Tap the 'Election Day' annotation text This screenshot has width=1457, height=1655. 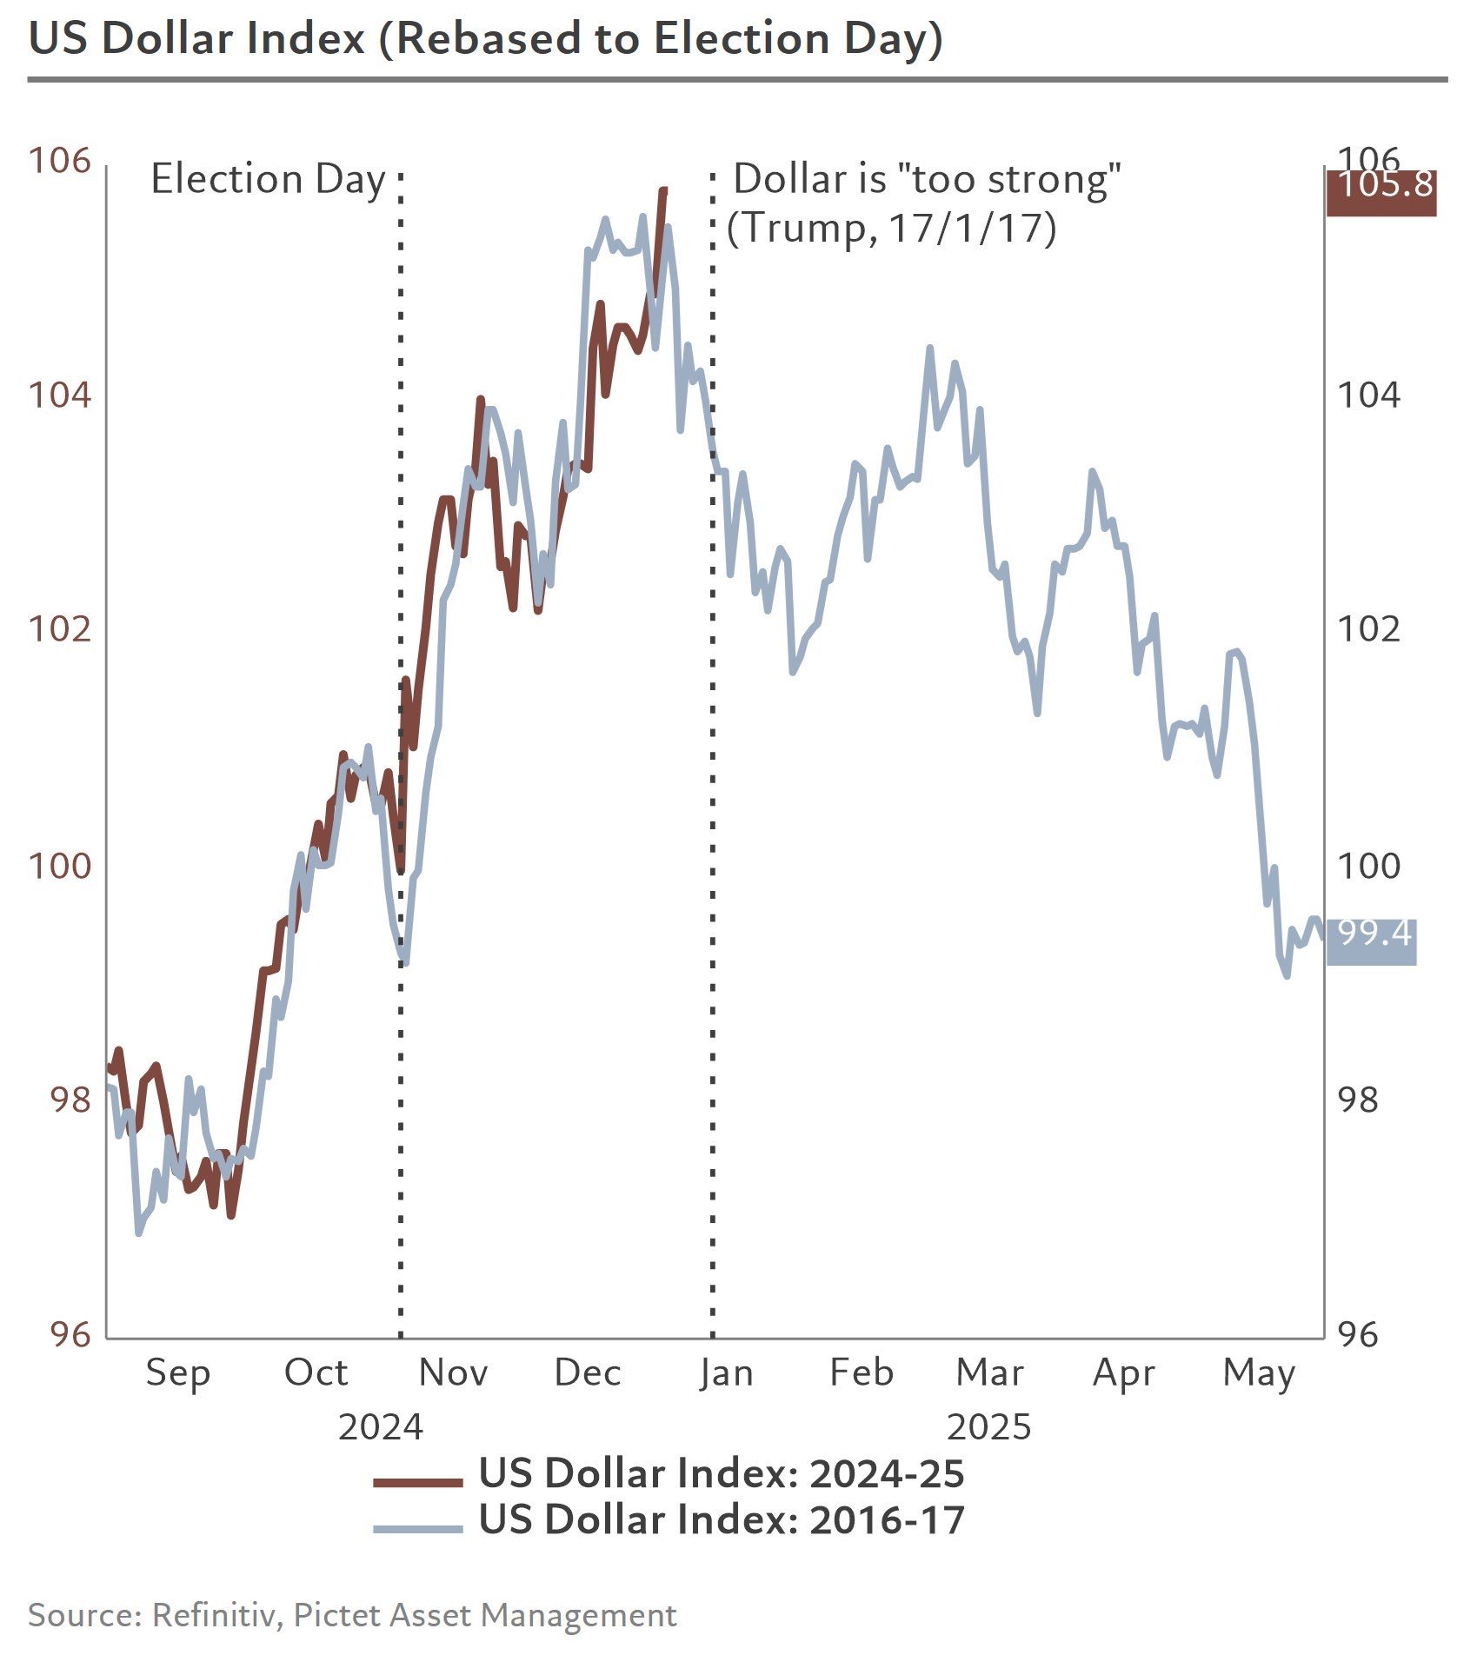coord(268,179)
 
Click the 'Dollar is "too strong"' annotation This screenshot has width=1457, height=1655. coord(927,179)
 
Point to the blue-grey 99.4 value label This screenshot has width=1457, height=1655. coord(1373,934)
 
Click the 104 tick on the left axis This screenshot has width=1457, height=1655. coord(59,395)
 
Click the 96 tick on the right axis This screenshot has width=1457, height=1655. coord(1357,1334)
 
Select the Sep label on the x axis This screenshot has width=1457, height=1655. coord(177,1373)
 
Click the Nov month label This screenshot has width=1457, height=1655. coord(452,1373)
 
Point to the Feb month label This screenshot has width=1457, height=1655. coord(861,1373)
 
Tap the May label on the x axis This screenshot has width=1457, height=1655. coord(1258,1373)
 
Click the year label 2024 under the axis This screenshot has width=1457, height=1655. coord(380,1427)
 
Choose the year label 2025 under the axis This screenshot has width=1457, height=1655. coord(988,1427)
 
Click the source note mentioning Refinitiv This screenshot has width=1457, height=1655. coord(352,1615)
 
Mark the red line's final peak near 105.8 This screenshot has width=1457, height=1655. coord(663,189)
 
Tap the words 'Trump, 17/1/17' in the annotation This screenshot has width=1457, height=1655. coord(891,228)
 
